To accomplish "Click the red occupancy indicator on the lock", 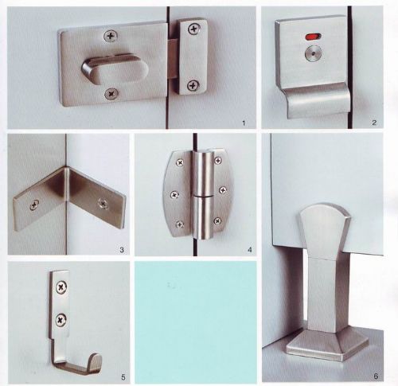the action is coord(313,37).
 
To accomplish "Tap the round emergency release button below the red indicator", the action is coord(313,53).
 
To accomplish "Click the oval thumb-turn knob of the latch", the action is coord(115,69).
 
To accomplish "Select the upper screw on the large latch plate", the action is coord(111,36).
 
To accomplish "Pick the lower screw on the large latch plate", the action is coord(111,94).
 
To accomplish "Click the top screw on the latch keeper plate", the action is coord(194,29).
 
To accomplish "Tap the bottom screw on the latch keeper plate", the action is coord(193,85).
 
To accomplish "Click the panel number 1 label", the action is coord(244,123).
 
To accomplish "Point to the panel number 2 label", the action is coord(374,123).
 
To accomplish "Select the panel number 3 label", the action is coord(122,250).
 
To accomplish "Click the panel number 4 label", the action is coord(249,250).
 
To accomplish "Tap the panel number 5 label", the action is coord(123,376).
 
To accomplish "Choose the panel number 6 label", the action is coord(376,376).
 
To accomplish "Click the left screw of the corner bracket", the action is coord(34,205).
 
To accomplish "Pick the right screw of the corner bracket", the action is coord(103,203).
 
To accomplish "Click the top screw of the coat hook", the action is coord(61,287).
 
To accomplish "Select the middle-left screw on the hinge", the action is coord(174,195).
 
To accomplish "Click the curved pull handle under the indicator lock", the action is coord(317,101).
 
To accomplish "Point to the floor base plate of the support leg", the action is coord(327,346).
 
